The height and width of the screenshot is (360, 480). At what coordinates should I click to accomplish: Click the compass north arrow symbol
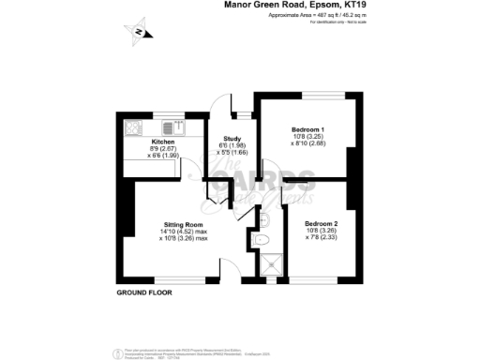138,34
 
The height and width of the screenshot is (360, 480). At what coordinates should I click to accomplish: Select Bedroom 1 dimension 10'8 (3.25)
308,137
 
